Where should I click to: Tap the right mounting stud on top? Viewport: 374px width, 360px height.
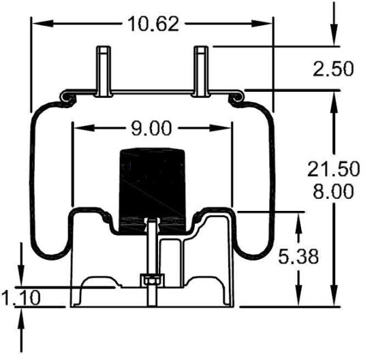coord(202,71)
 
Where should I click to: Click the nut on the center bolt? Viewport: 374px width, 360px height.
coord(150,280)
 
